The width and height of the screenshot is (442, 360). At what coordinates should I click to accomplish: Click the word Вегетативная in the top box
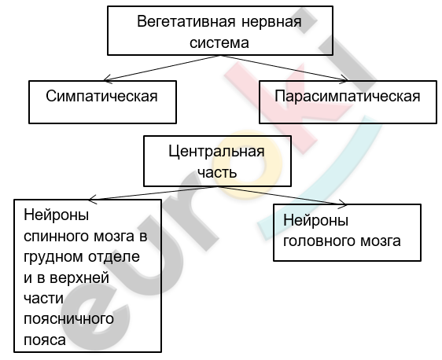[x=186, y=22]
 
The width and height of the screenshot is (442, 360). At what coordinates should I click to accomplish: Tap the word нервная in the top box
[x=272, y=22]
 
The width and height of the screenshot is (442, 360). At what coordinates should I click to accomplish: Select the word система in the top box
[x=219, y=42]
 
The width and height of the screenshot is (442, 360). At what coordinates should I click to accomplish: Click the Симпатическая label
[x=101, y=96]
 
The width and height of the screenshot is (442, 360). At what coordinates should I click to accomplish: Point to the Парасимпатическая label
[x=348, y=96]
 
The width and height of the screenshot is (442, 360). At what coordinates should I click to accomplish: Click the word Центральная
[x=216, y=151]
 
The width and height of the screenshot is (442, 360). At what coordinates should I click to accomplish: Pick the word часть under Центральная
[x=217, y=172]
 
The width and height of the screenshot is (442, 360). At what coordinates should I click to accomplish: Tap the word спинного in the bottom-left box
[x=56, y=236]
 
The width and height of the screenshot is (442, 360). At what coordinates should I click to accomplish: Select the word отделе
[x=114, y=256]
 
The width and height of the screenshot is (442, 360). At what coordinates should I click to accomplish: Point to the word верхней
[x=79, y=277]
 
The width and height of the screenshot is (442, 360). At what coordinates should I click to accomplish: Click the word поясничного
[x=68, y=319]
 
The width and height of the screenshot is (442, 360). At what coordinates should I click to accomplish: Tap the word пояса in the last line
[x=45, y=340]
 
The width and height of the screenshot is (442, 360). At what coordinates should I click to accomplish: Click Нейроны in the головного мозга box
[x=315, y=220]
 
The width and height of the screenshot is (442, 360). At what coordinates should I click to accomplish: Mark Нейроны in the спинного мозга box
[x=56, y=215]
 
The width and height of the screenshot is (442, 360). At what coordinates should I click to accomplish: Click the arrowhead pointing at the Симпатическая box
[x=105, y=80]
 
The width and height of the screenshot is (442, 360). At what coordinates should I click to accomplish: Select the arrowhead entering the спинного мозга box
[x=90, y=200]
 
